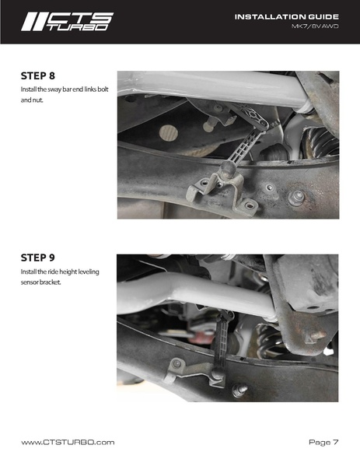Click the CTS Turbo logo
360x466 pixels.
[67, 22]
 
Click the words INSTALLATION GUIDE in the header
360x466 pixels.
[287, 17]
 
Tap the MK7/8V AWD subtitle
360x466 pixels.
[315, 26]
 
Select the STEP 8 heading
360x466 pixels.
[38, 76]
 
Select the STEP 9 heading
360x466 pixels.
[38, 258]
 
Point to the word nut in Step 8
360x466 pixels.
[38, 100]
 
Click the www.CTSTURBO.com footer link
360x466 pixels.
[68, 442]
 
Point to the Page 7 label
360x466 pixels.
[323, 442]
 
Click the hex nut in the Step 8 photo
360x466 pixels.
[296, 198]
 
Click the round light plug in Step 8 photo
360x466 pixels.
[169, 133]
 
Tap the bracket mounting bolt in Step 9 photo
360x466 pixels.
[177, 363]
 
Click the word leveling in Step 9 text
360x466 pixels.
[89, 272]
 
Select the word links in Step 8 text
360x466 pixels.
[90, 89]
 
